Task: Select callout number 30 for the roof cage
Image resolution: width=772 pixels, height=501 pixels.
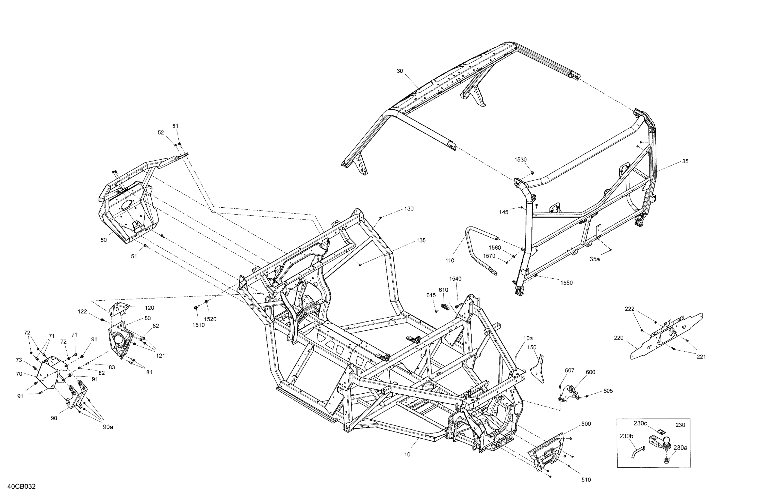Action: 400,71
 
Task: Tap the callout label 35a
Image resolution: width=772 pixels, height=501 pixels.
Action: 595,259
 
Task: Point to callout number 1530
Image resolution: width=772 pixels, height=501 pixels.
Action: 520,160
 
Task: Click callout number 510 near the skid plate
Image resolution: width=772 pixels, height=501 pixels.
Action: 586,480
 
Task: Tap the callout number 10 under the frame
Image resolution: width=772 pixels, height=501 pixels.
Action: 407,455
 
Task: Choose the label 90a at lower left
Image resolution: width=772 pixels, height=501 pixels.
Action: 108,427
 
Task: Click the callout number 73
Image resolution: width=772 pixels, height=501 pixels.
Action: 19,360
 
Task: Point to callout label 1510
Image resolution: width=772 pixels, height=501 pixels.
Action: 198,325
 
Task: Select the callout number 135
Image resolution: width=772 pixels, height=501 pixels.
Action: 421,241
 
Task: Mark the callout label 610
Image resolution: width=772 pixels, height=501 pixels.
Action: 443,290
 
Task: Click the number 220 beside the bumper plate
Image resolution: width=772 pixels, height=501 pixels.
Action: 619,338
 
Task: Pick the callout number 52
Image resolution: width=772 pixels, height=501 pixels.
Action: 161,132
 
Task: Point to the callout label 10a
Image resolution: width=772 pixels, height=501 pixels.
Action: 528,338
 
